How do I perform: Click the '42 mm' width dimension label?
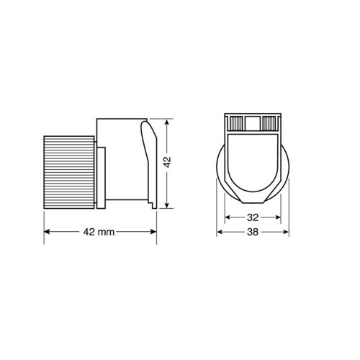pyautogui.click(x=98, y=232)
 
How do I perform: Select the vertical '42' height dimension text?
pyautogui.click(x=167, y=163)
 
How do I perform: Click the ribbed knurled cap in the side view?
pyautogui.click(x=71, y=171)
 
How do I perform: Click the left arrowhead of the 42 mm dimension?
pyautogui.click(x=48, y=232)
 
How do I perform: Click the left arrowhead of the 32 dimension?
pyautogui.click(x=228, y=217)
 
